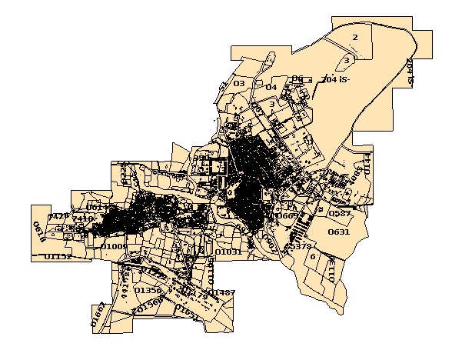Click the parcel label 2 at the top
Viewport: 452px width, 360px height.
pyautogui.click(x=354, y=37)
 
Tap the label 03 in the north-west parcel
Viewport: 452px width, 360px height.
pyautogui.click(x=239, y=83)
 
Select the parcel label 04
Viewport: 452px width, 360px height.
pyautogui.click(x=271, y=87)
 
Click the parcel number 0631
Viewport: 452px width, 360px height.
pyautogui.click(x=339, y=232)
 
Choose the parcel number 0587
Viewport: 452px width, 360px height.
pyautogui.click(x=339, y=212)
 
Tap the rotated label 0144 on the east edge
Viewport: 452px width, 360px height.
pyautogui.click(x=367, y=162)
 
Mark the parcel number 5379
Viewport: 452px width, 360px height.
pyautogui.click(x=299, y=246)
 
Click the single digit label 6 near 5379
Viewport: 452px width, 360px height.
pyautogui.click(x=313, y=256)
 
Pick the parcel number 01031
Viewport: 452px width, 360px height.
pyautogui.click(x=228, y=252)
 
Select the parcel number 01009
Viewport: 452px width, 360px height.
pyautogui.click(x=114, y=246)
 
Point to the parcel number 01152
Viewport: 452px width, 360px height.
pyautogui.click(x=58, y=256)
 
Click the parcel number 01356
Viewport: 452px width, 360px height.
pyautogui.click(x=148, y=290)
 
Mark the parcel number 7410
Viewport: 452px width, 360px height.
pyautogui.click(x=82, y=218)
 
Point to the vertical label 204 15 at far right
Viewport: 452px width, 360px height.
pyautogui.click(x=411, y=70)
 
